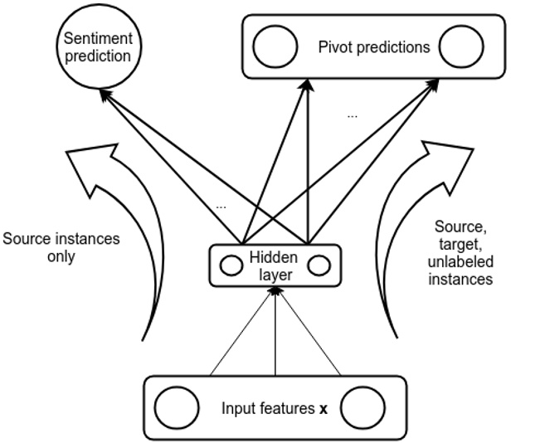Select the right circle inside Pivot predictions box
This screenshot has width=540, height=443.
pos(461,47)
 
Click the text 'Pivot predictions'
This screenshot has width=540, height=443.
pos(374,46)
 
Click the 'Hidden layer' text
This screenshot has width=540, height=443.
pos(273,265)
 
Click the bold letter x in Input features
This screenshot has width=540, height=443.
pos(324,409)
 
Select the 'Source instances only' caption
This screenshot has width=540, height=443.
pos(61,247)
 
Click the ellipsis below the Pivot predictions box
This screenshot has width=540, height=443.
pos(353,115)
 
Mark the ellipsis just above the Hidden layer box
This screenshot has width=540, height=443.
pos(220,204)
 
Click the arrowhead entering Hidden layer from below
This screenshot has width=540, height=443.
pos(275,290)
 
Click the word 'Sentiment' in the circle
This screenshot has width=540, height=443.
pos(99,40)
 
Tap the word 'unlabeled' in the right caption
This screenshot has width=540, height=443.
pos(460,261)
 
